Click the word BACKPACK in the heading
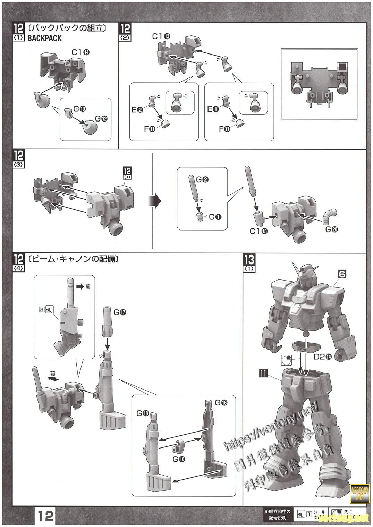[x=44, y=39]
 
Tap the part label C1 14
[x=80, y=52]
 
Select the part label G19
[x=79, y=109]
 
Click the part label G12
[x=101, y=119]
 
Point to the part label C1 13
[x=161, y=36]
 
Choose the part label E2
[x=137, y=110]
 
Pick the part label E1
[x=213, y=109]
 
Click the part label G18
[x=143, y=413]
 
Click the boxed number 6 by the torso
[x=342, y=274]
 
